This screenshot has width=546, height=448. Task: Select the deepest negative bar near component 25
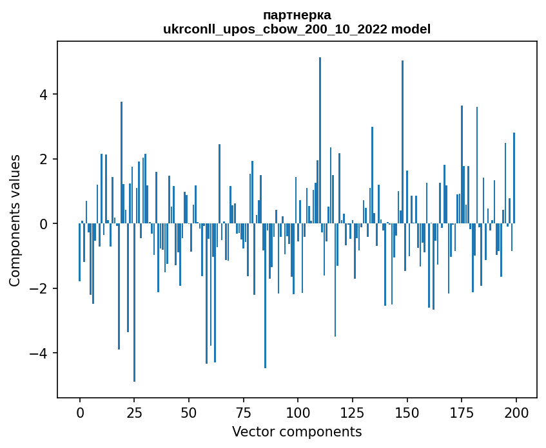pos(134,303)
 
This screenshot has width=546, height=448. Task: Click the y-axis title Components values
pos(15,220)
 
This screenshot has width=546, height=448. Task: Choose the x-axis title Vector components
pos(297,431)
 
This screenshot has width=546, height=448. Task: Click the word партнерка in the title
pos(297,15)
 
